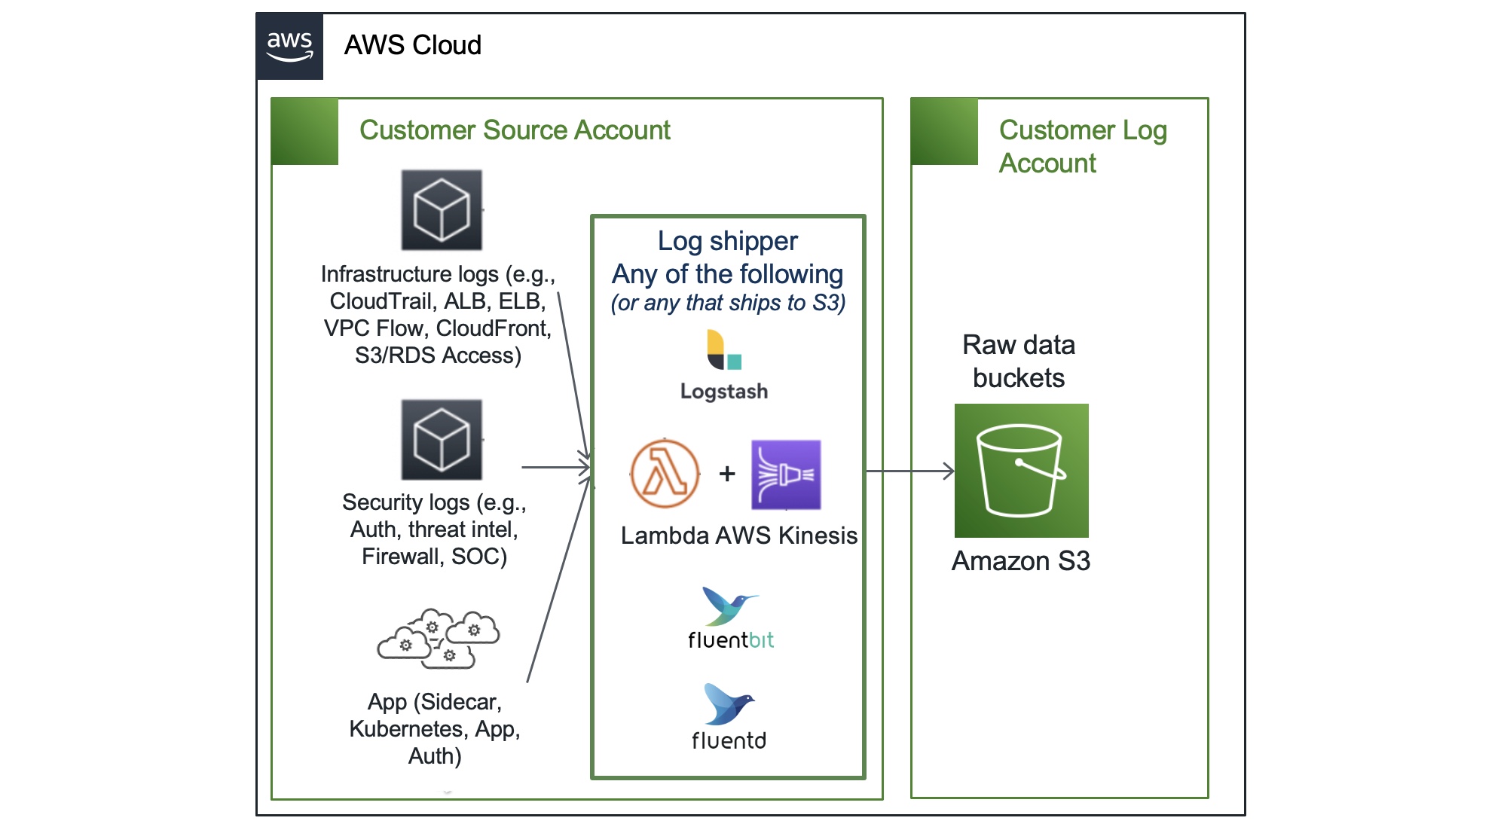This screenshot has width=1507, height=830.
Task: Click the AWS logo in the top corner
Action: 290,46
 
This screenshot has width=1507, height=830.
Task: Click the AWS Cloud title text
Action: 412,45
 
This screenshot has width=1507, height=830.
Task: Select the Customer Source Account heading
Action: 515,130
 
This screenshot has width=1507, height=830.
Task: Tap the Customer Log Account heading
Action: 1082,146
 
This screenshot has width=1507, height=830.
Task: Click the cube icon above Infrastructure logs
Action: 442,210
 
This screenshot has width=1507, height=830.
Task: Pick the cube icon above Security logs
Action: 442,440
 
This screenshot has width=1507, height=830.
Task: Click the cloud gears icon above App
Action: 439,639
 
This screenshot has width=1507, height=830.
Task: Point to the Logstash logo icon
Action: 724,350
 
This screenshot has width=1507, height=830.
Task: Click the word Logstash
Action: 724,392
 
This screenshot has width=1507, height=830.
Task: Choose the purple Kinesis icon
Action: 786,475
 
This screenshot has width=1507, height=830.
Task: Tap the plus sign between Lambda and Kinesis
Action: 727,474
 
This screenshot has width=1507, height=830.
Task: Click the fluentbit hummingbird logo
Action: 729,606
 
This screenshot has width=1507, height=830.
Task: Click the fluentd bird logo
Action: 728,703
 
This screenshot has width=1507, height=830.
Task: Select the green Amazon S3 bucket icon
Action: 1021,471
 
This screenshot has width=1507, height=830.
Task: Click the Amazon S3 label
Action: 1020,561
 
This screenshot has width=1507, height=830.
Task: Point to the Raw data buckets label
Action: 1019,362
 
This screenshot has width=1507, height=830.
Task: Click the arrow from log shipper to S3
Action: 909,471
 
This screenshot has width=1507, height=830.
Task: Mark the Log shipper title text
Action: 727,241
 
